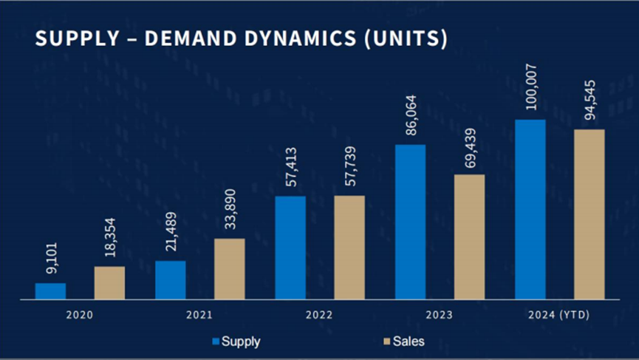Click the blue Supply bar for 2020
pos(50,291)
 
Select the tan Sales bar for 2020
pos(109,282)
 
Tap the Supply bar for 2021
pos(171,280)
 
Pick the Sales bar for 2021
pos(230,269)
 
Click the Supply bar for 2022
pos(290,248)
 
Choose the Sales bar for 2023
pos(470,237)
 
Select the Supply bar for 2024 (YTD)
pos(530,209)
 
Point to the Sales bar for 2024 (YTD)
pos(590,214)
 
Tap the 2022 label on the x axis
pos(318,316)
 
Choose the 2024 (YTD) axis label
pos(559,316)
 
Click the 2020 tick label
pos(79,316)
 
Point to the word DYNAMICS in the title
pos(288,39)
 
